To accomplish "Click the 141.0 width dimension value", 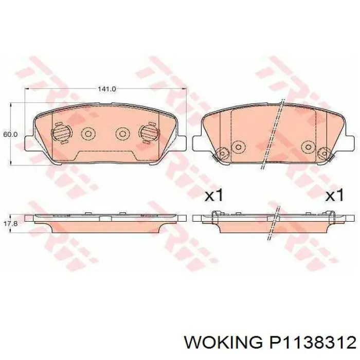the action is click(107, 89).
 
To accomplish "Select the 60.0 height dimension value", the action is click(10, 134).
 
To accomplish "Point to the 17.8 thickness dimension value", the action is click(10, 223).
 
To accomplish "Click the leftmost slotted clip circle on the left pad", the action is click(61, 133).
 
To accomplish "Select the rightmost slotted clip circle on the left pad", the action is click(149, 133).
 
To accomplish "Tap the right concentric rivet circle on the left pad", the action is click(122, 133).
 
